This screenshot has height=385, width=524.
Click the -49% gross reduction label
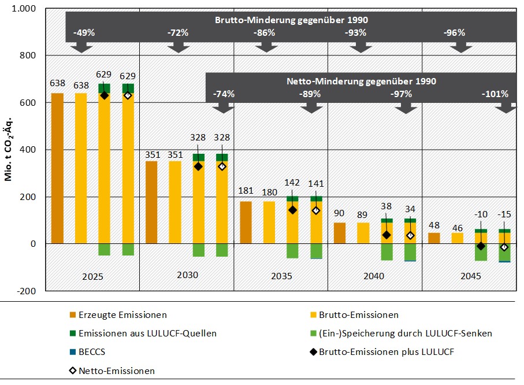pyautogui.click(x=84, y=33)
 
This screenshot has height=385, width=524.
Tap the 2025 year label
pyautogui.click(x=92, y=276)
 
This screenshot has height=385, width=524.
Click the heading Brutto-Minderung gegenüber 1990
pyautogui.click(x=291, y=20)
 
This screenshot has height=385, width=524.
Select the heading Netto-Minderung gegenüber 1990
pyautogui.click(x=361, y=81)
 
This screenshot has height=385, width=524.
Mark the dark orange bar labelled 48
pyautogui.click(x=434, y=238)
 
